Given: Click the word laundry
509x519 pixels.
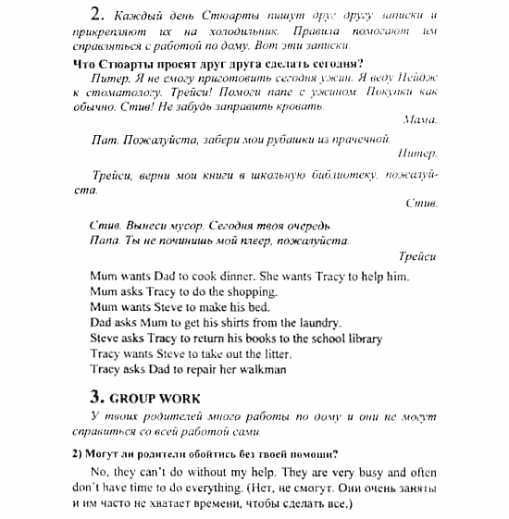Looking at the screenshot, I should [317, 323].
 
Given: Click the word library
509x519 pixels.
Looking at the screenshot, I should [362, 338].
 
